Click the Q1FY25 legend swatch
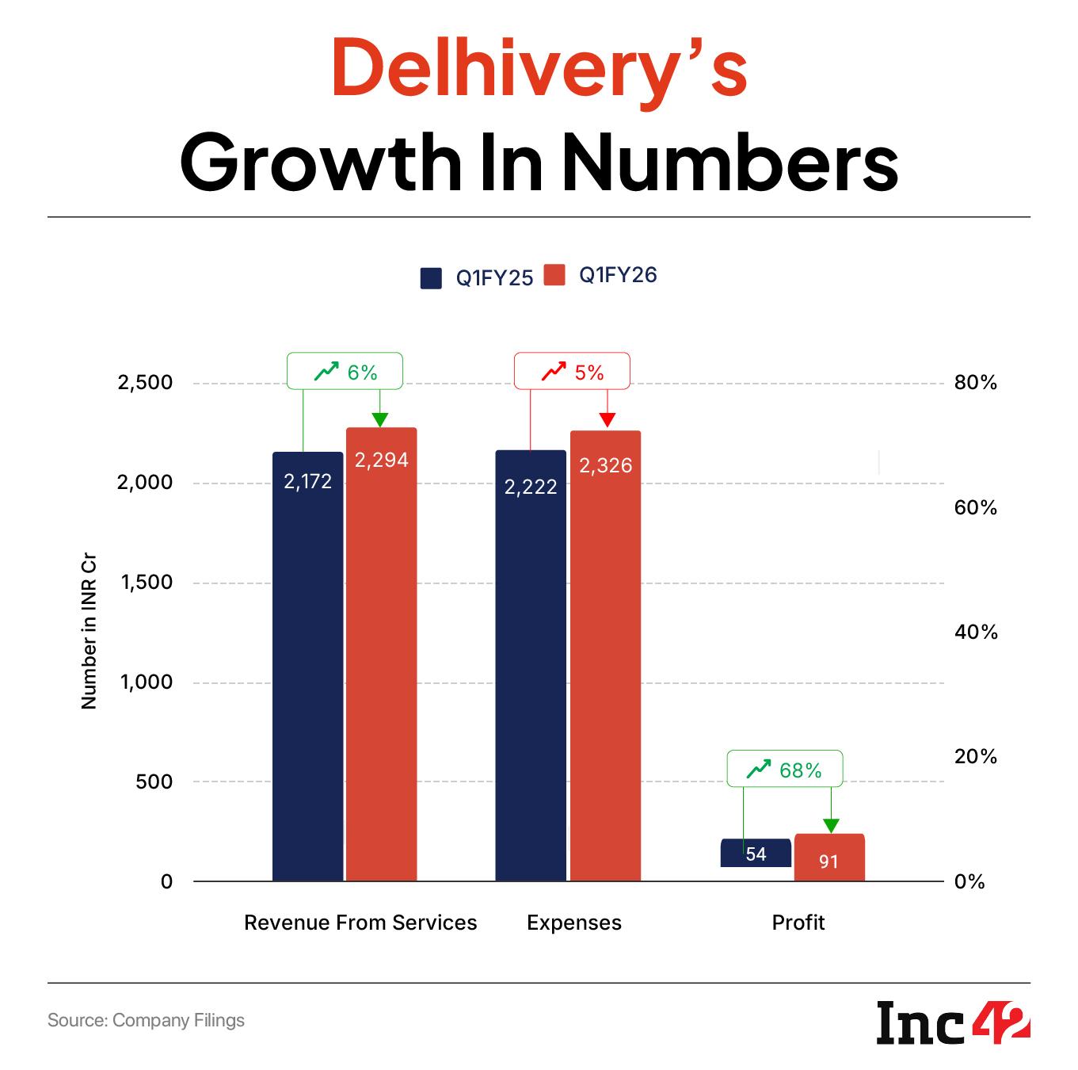(x=430, y=278)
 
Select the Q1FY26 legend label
(x=618, y=275)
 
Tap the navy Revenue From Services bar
(x=307, y=666)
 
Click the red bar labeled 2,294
(x=381, y=654)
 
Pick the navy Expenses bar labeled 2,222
(x=531, y=666)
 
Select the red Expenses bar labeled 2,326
(x=605, y=655)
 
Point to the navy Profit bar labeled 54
(x=756, y=853)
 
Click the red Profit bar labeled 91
(x=829, y=858)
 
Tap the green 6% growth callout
(x=345, y=372)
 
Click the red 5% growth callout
(x=572, y=372)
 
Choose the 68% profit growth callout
(x=784, y=769)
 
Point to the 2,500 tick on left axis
(x=145, y=383)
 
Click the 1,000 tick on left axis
(x=146, y=682)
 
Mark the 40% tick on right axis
(x=976, y=632)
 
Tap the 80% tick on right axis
(x=976, y=384)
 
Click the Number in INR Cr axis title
(x=89, y=641)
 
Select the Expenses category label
(x=574, y=923)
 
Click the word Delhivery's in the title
(x=539, y=70)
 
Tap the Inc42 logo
(x=953, y=1022)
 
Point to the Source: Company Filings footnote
(x=146, y=1020)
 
